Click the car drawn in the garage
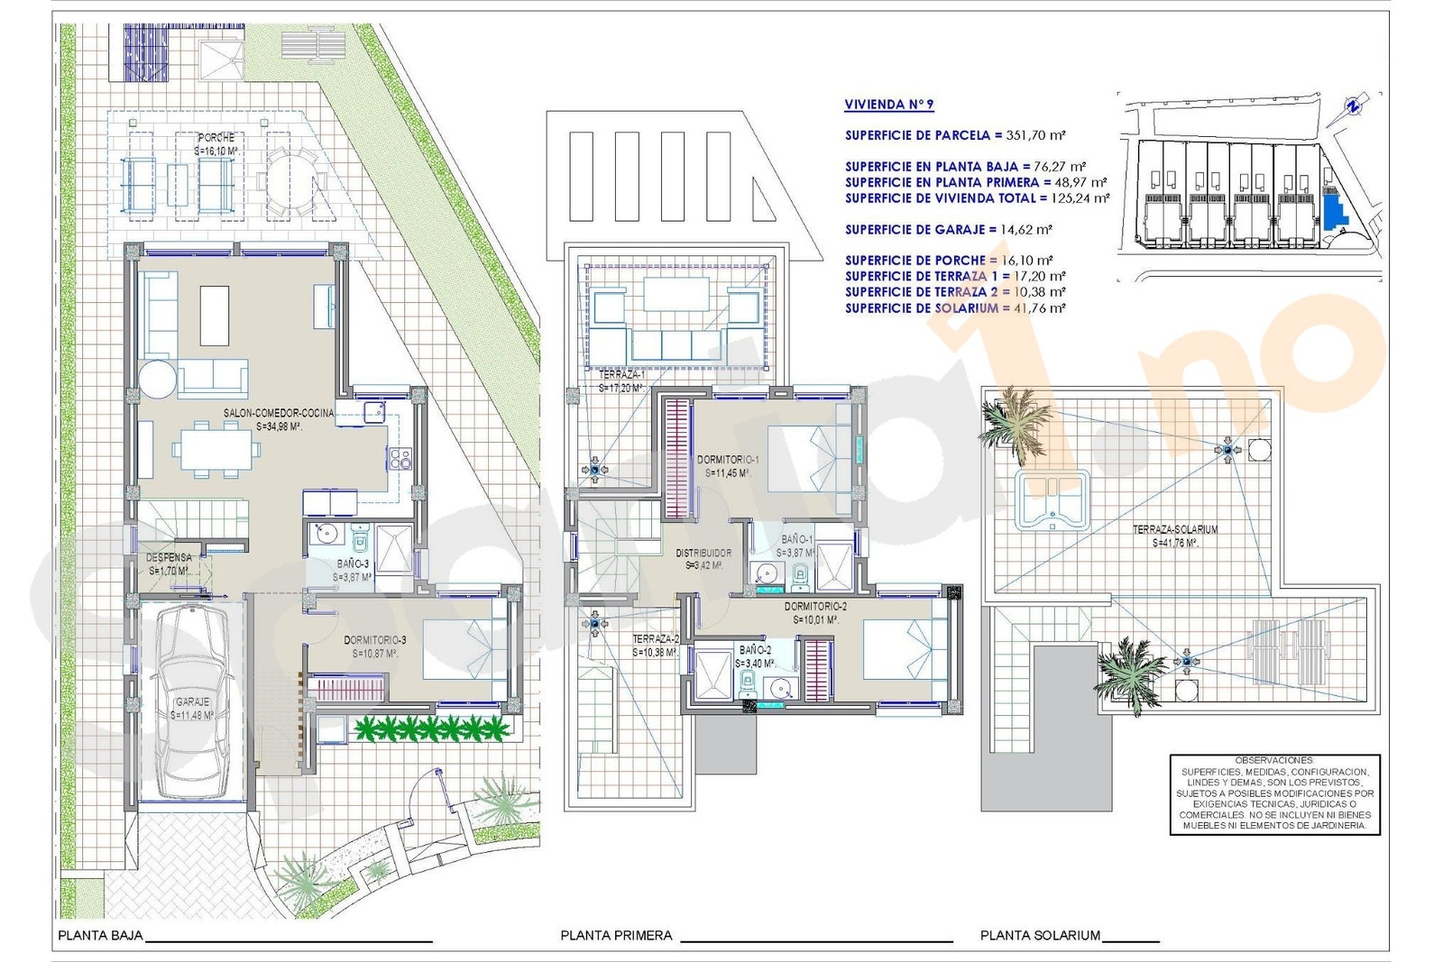coord(191,703)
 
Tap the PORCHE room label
coord(216,138)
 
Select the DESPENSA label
coord(169,558)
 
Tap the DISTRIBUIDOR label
coord(703,553)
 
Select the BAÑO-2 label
coord(755,649)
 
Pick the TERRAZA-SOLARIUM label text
coord(1175,529)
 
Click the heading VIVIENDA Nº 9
coord(888,105)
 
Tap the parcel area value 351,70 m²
coord(1035,135)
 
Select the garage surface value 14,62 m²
coord(1025,230)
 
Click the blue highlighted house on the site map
coord(1334,211)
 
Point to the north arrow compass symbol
coord(1354,105)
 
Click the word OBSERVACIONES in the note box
coord(1274,761)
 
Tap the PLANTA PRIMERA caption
coord(616,936)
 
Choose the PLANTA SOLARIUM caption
coord(1040,936)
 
